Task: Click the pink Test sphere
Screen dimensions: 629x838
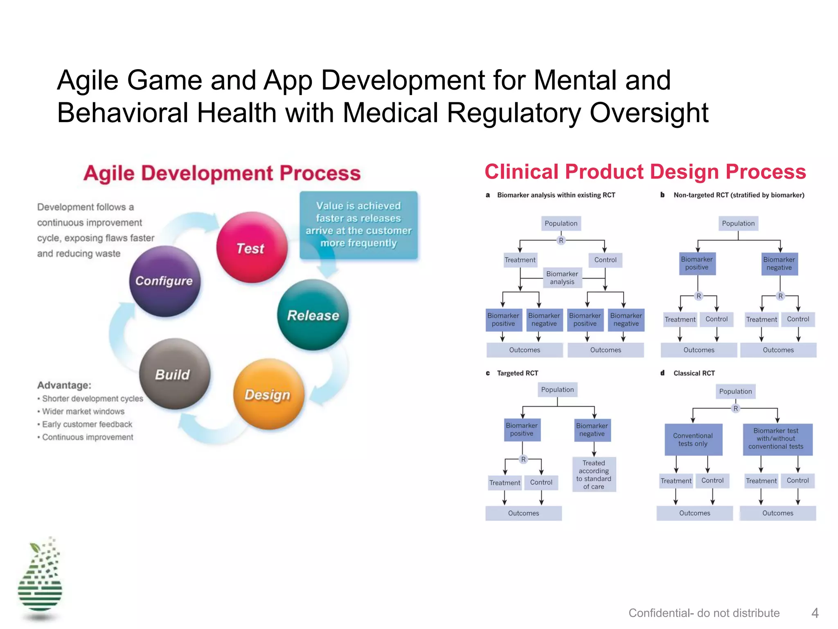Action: point(252,247)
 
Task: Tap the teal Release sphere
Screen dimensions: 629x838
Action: point(313,315)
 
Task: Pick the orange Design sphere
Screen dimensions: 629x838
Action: point(268,394)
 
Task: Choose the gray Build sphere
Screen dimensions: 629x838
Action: point(174,374)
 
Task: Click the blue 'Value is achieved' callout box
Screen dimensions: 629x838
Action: point(358,225)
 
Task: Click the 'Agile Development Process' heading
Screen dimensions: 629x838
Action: point(222,173)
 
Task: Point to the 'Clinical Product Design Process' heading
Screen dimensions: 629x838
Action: point(645,172)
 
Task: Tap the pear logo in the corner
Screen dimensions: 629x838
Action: point(40,579)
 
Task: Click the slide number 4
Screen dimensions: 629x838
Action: point(815,613)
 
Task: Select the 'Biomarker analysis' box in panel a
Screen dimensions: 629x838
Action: point(562,278)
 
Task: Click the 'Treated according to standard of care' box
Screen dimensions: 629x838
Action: point(594,475)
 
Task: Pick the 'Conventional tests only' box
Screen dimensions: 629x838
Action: point(693,439)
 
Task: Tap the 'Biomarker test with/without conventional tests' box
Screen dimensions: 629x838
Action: point(776,439)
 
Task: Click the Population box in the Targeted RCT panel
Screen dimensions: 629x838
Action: point(557,390)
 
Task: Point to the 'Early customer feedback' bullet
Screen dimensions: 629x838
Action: point(87,424)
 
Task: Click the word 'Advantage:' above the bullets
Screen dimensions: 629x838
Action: point(64,385)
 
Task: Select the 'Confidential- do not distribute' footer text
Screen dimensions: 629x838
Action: point(704,613)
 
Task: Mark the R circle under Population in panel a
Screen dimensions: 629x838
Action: point(561,240)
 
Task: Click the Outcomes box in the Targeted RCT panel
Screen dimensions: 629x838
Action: point(523,513)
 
